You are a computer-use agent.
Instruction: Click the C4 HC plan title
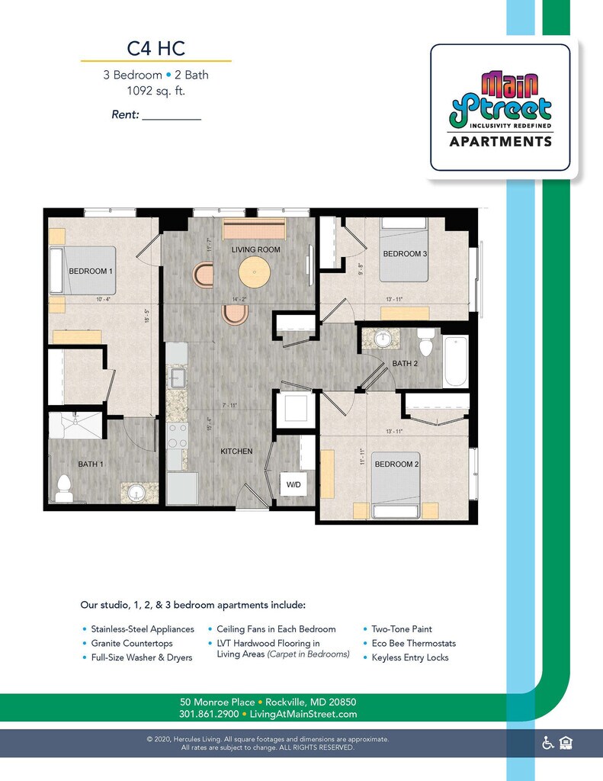156,49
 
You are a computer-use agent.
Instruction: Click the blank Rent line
172,116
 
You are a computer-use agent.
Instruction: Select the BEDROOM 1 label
91,272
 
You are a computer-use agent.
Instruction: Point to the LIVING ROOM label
256,249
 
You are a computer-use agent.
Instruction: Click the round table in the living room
254,272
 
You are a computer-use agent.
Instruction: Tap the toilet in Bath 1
64,487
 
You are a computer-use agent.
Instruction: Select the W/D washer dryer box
293,484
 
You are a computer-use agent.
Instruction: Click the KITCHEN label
236,452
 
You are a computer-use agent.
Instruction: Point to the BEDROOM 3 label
405,254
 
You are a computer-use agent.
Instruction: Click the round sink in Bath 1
136,492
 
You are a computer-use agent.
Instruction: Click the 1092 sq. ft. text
156,91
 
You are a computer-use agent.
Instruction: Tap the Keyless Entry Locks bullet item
410,657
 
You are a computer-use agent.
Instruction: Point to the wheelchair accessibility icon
547,743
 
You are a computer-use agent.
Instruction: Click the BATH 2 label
405,364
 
